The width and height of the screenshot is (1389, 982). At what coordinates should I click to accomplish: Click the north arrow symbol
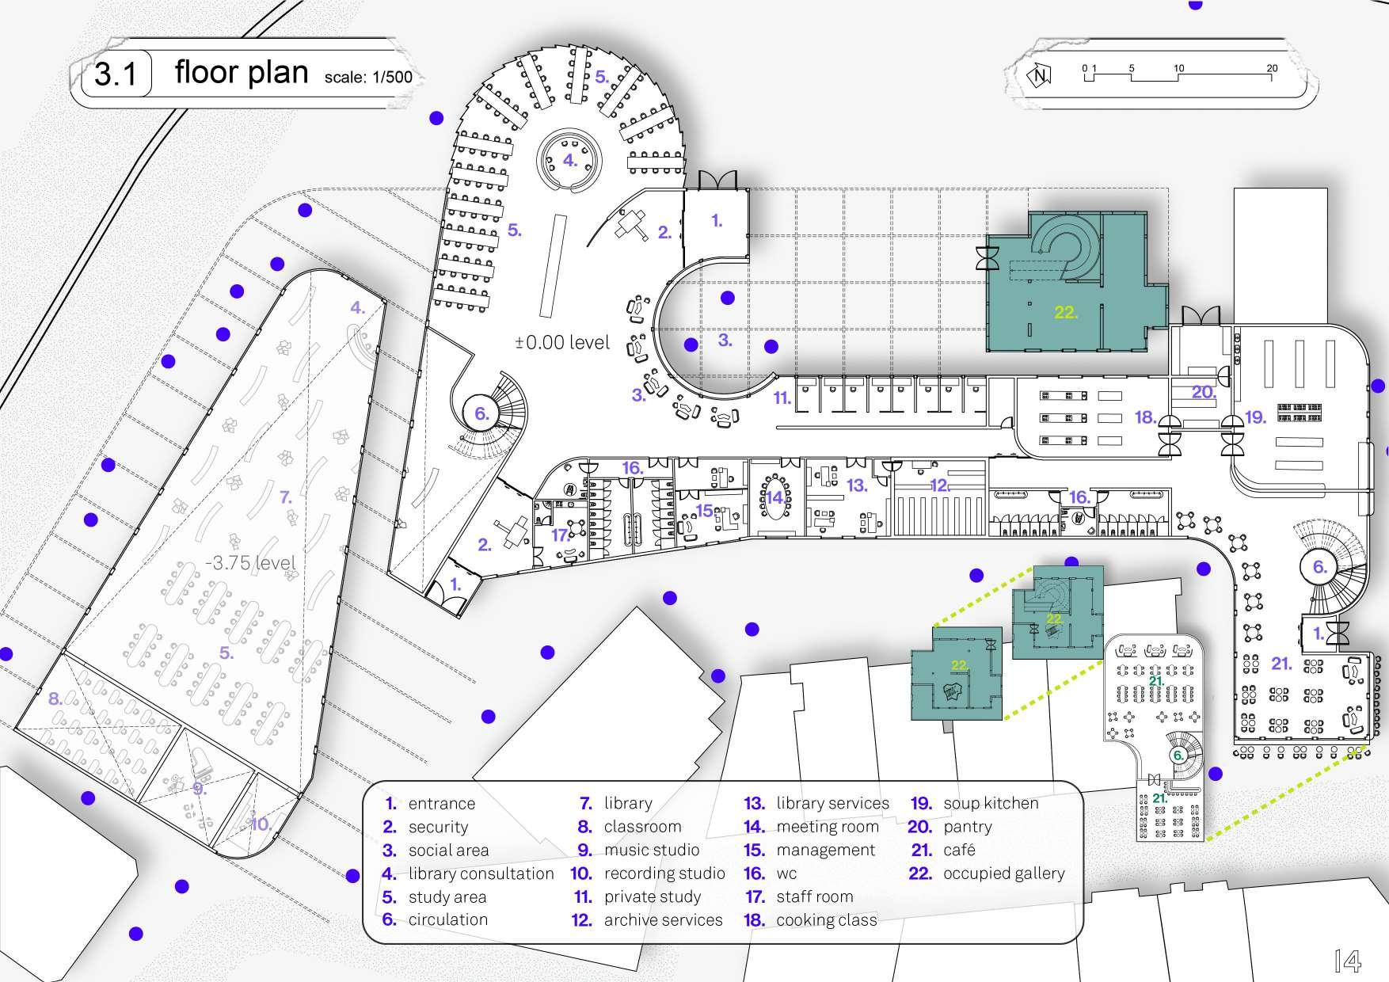tap(1039, 75)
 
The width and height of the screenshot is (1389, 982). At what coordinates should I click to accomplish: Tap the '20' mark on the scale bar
tap(1272, 69)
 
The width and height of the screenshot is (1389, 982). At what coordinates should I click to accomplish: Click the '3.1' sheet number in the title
tap(116, 75)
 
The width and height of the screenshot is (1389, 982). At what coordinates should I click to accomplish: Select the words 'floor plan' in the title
tap(241, 72)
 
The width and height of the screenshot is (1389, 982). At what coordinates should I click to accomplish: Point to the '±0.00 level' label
tap(562, 342)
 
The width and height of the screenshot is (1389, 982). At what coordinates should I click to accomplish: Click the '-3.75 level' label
tap(250, 563)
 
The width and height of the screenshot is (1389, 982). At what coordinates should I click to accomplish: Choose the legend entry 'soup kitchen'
tap(990, 803)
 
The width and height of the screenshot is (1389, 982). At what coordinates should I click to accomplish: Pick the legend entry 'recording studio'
tap(664, 874)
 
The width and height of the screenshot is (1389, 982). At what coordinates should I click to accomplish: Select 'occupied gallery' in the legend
tap(1003, 874)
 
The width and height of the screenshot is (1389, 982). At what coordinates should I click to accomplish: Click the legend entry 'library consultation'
tap(481, 874)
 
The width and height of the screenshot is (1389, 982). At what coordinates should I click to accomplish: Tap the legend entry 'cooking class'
tap(826, 920)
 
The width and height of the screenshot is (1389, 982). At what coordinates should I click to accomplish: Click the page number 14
tap(1347, 960)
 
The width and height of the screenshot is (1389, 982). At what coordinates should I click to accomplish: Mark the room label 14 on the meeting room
tap(774, 498)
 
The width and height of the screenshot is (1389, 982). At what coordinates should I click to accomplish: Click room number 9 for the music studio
tap(200, 789)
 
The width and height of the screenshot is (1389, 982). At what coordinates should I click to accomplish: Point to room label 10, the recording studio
tap(261, 824)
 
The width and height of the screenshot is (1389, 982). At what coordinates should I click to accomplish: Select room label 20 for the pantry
tap(1203, 392)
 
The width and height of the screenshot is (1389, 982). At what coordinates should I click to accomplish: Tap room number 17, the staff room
tap(560, 535)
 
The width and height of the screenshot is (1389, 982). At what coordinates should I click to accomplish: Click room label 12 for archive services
tap(939, 485)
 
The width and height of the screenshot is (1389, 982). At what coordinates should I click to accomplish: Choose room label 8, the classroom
tap(55, 699)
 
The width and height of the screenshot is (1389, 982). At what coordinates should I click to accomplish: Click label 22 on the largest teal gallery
tap(1065, 312)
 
